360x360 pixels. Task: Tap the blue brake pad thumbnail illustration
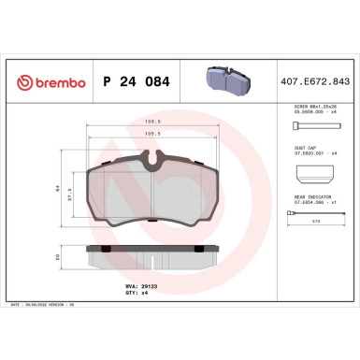pos(227,80)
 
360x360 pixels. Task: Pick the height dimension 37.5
pos(71,197)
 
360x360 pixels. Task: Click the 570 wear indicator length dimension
pos(316,221)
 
